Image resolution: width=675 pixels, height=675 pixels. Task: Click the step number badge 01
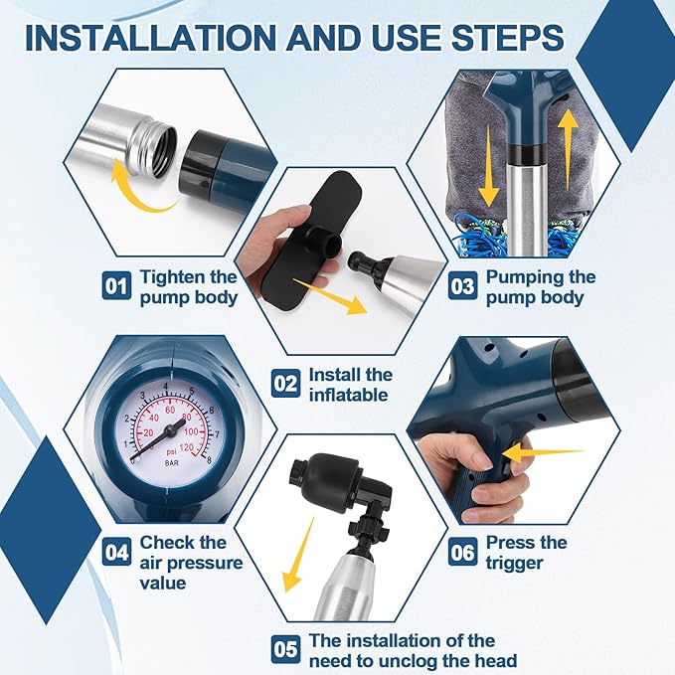(x=116, y=286)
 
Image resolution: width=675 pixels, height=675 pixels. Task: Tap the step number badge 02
(x=286, y=384)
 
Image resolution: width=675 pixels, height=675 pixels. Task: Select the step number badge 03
(x=462, y=286)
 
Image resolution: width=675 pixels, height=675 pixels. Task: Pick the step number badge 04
(x=116, y=552)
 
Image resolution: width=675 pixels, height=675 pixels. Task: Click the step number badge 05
(x=286, y=649)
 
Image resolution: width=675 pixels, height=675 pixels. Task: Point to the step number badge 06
(x=462, y=552)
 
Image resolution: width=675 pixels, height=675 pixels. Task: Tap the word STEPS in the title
(x=508, y=38)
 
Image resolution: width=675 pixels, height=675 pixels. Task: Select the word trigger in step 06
(x=514, y=564)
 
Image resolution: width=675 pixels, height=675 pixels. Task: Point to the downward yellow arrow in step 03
(x=489, y=167)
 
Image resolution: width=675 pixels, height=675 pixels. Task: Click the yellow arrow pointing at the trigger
(x=542, y=453)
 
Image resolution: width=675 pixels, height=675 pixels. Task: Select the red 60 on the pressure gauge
(x=170, y=410)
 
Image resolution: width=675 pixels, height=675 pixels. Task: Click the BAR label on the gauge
(x=172, y=463)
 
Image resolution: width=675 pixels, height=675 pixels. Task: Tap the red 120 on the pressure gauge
(x=186, y=447)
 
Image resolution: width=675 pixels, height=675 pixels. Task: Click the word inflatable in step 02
(x=349, y=395)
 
